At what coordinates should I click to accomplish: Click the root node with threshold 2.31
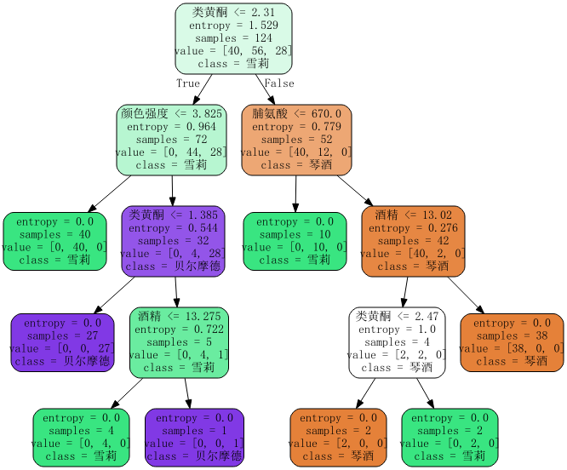click(233, 38)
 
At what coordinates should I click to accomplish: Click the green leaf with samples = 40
click(54, 240)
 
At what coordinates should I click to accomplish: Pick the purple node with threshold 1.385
click(172, 240)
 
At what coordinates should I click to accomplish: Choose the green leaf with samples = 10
click(295, 240)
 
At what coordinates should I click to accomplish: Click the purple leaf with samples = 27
click(62, 342)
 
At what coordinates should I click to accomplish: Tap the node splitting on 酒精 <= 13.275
click(179, 342)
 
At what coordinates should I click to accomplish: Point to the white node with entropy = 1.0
click(397, 342)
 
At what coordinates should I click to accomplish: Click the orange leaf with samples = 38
click(512, 342)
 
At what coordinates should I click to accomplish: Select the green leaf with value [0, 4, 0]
click(81, 438)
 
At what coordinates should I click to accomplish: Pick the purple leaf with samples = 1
click(194, 438)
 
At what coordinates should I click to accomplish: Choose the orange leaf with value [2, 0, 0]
click(338, 438)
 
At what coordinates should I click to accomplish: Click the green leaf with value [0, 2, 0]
click(449, 438)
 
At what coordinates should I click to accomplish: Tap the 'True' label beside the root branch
click(188, 83)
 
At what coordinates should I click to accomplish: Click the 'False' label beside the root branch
click(279, 83)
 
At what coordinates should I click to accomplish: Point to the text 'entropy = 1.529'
click(233, 26)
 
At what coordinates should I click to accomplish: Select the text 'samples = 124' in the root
click(233, 38)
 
